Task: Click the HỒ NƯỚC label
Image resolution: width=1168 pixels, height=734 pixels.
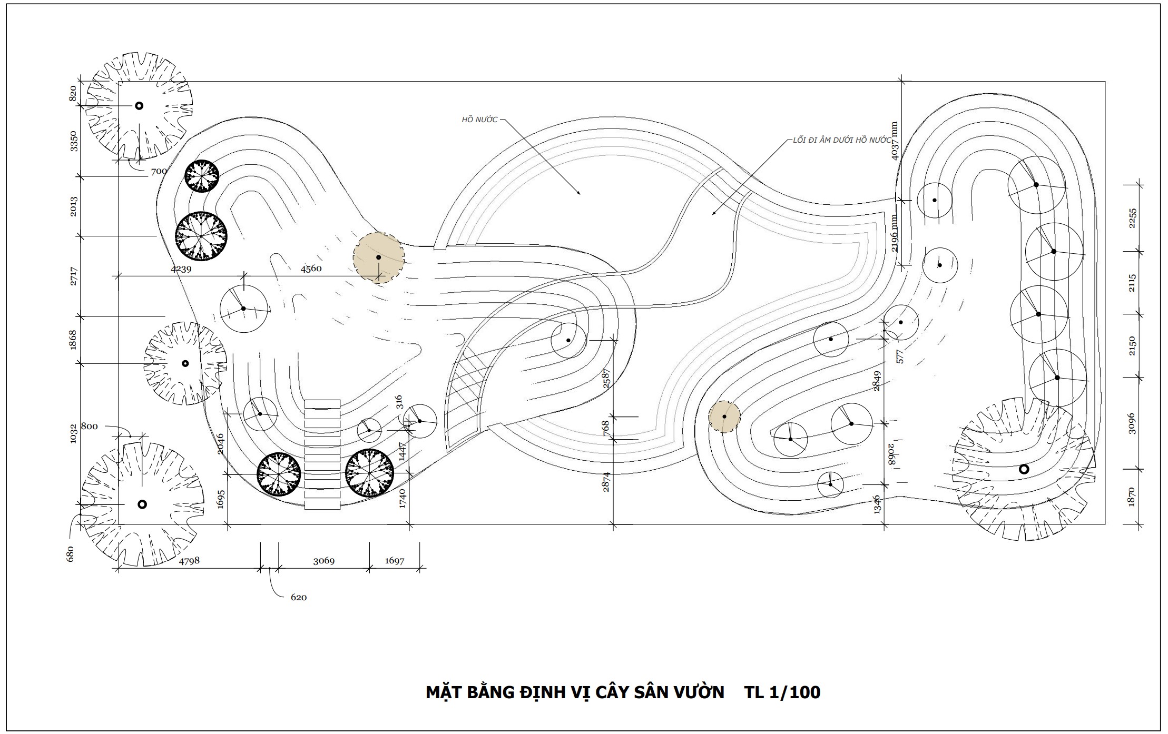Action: click(479, 120)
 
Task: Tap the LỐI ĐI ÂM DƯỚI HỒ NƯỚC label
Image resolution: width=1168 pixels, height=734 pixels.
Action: click(841, 141)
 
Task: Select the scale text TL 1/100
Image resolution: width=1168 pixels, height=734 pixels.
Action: click(782, 692)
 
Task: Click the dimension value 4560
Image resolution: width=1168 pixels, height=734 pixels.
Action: click(311, 269)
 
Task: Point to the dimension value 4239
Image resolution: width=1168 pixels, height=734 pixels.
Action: click(181, 269)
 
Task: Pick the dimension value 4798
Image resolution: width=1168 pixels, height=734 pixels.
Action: click(189, 561)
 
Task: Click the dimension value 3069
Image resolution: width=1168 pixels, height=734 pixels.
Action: click(324, 561)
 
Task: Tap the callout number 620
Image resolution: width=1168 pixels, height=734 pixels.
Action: click(298, 598)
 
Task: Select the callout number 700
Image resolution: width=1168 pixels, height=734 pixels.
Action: click(159, 171)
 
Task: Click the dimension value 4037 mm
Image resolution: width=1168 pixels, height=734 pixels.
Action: click(894, 141)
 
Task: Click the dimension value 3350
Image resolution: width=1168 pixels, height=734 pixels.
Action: click(74, 141)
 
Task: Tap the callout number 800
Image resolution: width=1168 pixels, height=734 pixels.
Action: click(89, 426)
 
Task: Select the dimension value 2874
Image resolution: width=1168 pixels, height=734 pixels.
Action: click(606, 482)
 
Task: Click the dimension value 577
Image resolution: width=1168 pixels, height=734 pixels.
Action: click(900, 356)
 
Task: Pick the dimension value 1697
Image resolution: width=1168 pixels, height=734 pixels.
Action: click(394, 561)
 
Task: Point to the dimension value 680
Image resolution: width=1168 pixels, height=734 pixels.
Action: click(71, 554)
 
